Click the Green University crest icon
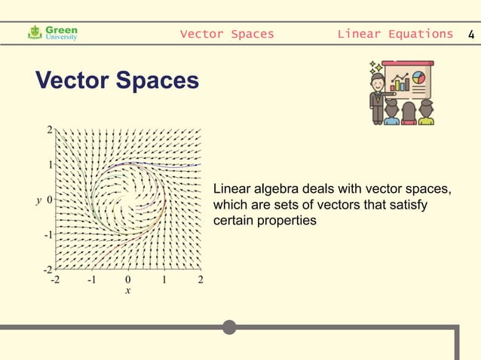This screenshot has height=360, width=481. (35, 32)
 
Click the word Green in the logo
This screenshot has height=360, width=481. (62, 29)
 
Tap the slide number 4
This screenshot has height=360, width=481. (471, 34)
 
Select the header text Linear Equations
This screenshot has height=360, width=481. (395, 34)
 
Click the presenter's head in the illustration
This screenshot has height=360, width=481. (378, 81)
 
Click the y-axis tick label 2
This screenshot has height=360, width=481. (50, 130)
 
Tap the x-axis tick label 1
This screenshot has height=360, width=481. (164, 280)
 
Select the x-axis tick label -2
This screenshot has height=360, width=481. (54, 280)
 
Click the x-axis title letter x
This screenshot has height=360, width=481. (127, 291)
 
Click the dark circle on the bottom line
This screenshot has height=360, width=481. (229, 327)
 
